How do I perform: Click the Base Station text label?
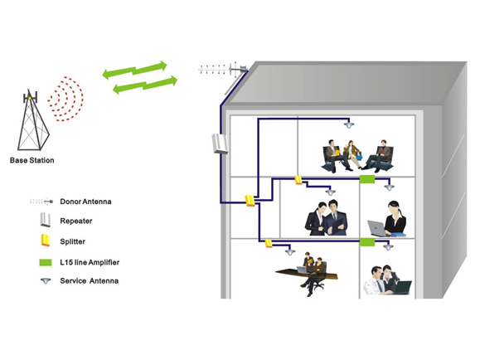tap(32, 160)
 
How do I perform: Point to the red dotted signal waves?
tap(65, 99)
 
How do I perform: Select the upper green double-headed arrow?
tap(134, 70)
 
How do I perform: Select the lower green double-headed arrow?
tap(145, 85)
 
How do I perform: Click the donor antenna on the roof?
tap(223, 70)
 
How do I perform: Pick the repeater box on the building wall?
tap(220, 144)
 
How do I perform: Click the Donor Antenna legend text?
tap(85, 202)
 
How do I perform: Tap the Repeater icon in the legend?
tap(46, 220)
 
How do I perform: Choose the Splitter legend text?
tap(73, 241)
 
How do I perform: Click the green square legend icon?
tap(46, 263)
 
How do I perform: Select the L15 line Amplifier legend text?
tap(90, 262)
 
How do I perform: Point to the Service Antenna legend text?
tap(89, 280)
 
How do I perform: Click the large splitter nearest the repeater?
tap(250, 201)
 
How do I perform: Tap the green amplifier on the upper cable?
tap(367, 179)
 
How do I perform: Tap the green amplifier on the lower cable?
tap(367, 242)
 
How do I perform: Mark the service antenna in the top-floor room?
tap(349, 124)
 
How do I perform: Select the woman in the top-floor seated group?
tap(353, 155)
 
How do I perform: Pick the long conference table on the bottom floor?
tap(306, 273)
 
